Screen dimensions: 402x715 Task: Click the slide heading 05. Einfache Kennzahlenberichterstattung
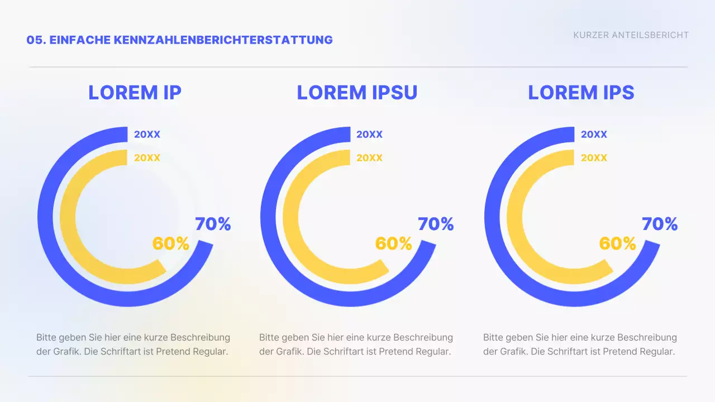point(179,40)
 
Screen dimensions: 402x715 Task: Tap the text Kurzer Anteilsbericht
point(631,35)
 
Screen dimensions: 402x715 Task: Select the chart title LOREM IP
point(135,93)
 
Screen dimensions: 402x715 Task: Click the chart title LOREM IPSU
point(357,93)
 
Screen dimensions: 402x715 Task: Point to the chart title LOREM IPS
point(581,93)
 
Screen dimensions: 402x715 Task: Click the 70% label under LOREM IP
point(213,224)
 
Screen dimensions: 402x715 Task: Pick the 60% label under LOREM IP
point(171,243)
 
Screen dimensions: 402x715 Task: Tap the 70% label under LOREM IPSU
point(436,224)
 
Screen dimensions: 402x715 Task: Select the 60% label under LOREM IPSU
point(394,243)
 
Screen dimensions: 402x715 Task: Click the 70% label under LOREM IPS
point(660,224)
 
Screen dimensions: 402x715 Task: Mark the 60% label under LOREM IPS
point(618,243)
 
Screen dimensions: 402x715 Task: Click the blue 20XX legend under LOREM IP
point(147,135)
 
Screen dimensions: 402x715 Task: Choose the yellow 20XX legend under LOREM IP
point(147,158)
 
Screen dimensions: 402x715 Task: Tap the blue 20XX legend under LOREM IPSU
point(369,135)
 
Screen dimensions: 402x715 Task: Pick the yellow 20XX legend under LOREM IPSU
point(369,158)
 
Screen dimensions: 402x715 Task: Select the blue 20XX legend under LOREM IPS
point(594,135)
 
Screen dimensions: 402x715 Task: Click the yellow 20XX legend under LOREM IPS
point(594,158)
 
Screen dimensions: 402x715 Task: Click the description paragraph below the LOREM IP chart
point(133,344)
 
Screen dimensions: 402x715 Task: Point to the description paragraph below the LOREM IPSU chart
point(356,344)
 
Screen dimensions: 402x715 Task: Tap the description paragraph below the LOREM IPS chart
point(580,344)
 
